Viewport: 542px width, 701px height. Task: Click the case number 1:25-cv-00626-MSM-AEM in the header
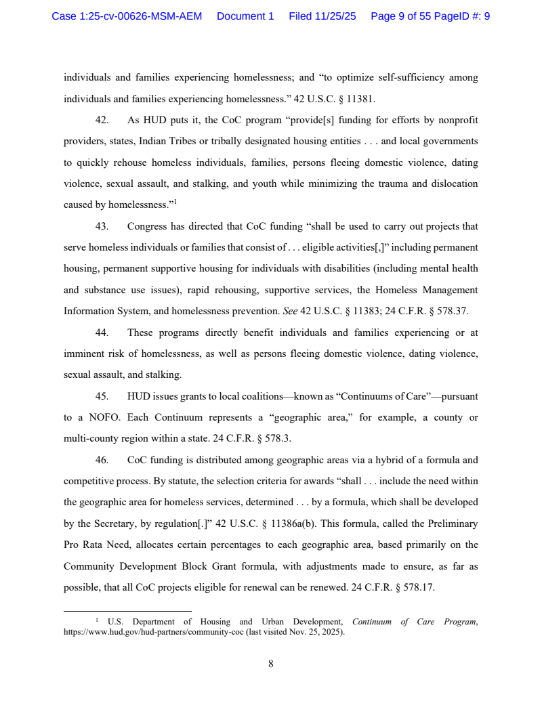127,16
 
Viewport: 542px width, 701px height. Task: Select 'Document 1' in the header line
245,16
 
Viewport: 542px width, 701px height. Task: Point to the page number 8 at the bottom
271,664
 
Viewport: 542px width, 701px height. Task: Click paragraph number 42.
102,121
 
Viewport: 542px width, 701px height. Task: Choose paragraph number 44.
102,333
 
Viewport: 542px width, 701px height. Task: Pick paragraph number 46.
102,460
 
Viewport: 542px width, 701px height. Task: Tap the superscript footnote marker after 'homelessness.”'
175,201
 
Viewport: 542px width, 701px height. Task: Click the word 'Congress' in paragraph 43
147,226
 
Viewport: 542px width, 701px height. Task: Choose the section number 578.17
417,587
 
